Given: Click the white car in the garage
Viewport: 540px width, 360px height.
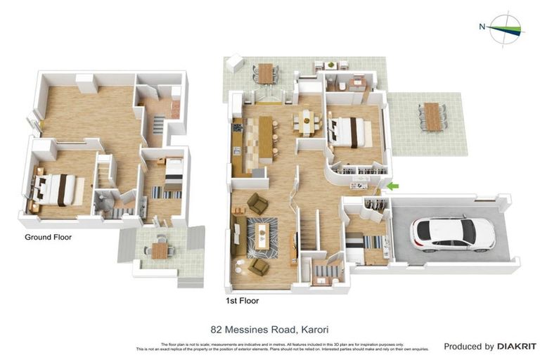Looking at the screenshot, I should click(453, 234).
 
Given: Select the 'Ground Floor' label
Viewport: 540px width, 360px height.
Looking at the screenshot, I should click(48, 237).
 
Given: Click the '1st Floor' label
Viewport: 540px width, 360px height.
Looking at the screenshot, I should click(241, 300).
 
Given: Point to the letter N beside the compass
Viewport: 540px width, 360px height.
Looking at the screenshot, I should click(482, 27).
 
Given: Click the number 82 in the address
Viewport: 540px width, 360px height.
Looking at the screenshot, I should click(217, 328).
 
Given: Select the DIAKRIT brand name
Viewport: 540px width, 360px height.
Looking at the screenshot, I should click(517, 346).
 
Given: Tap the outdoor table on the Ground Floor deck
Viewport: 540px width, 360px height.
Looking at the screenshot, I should click(160, 250).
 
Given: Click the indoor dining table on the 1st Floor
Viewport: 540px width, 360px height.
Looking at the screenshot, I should click(307, 122).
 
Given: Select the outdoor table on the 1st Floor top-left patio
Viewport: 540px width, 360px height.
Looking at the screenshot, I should click(265, 72).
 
